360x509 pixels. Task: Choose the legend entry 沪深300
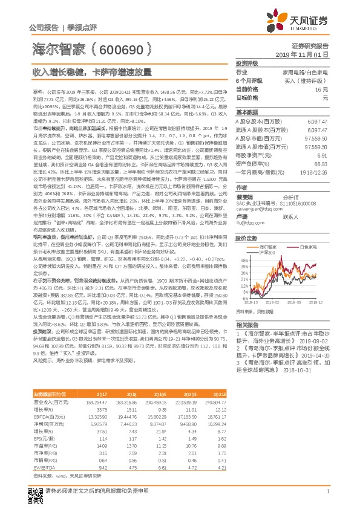click(x=267, y=251)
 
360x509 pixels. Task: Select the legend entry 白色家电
click(x=309, y=247)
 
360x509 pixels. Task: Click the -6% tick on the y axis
click(x=242, y=298)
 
